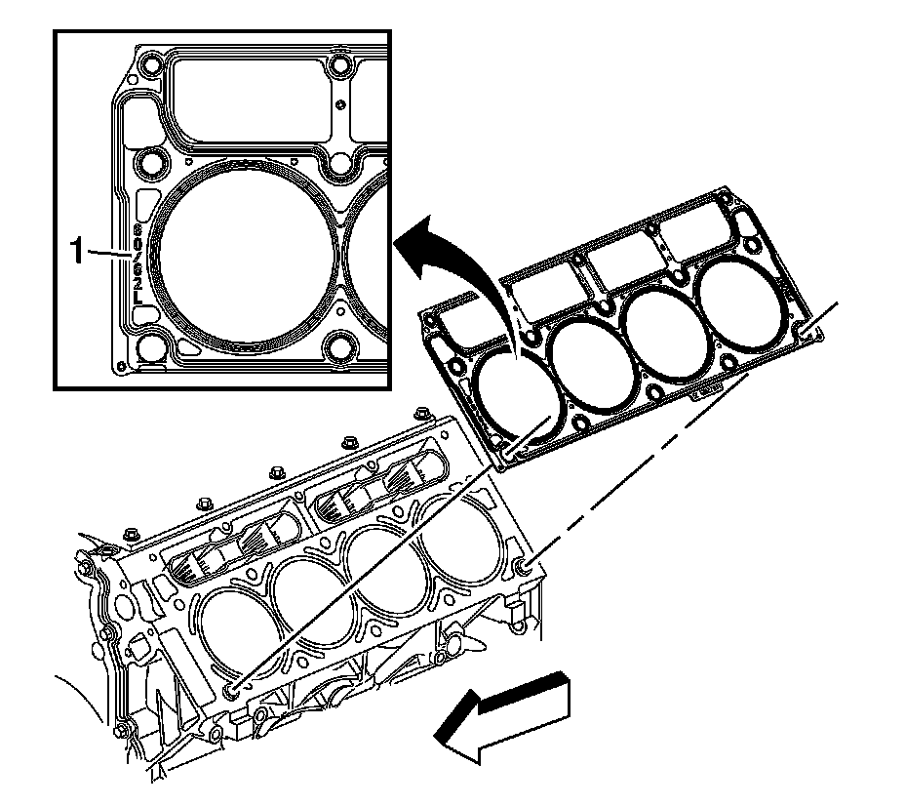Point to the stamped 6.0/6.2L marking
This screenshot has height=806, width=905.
click(x=138, y=261)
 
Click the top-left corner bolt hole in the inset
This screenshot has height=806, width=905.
click(x=148, y=68)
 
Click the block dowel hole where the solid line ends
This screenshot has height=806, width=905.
click(x=230, y=690)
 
